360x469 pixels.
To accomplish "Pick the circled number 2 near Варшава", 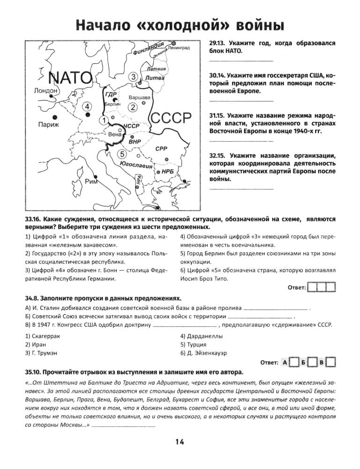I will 133,107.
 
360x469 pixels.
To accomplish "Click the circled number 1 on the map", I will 102,121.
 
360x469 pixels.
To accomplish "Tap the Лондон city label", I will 45,91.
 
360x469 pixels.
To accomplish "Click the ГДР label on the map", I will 112,95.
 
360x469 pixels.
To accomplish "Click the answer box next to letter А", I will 294,362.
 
